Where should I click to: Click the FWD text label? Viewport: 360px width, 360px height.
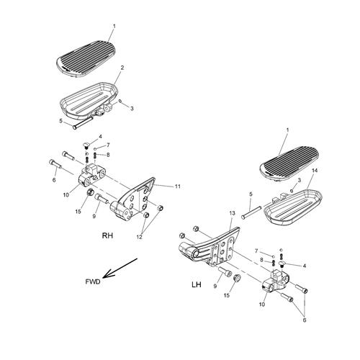pyautogui.click(x=93, y=282)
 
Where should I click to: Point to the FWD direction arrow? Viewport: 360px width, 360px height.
pyautogui.click(x=120, y=268)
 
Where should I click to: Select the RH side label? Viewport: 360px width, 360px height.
pyautogui.click(x=107, y=235)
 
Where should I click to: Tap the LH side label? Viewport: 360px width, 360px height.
pyautogui.click(x=197, y=284)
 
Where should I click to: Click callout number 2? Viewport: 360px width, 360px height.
pyautogui.click(x=122, y=68)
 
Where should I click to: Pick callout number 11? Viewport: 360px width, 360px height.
pyautogui.click(x=177, y=186)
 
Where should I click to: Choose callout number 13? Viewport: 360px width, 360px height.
pyautogui.click(x=232, y=213)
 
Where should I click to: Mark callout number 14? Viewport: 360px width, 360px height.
pyautogui.click(x=315, y=171)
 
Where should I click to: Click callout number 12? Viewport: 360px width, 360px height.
pyautogui.click(x=140, y=237)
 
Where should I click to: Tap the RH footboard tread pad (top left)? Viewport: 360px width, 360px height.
pyautogui.click(x=86, y=59)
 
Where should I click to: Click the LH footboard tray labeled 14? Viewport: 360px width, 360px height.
pyautogui.click(x=294, y=208)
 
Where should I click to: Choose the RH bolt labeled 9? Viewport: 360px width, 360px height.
pyautogui.click(x=102, y=199)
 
